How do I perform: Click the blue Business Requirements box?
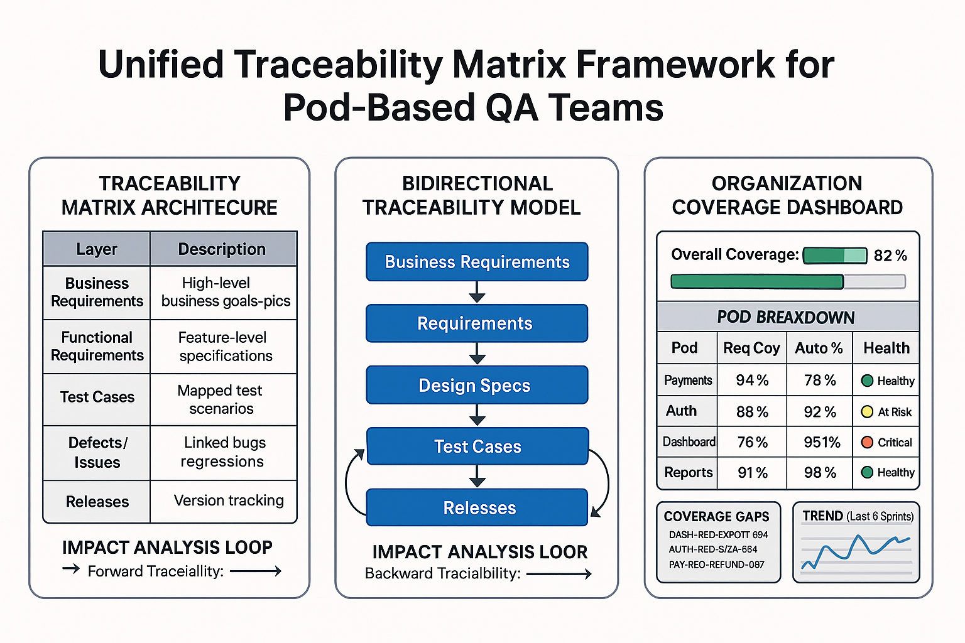click(x=477, y=262)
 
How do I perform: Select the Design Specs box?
click(x=477, y=385)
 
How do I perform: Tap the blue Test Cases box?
click(x=477, y=446)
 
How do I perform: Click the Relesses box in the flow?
click(x=477, y=507)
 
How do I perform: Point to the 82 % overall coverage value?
click(x=890, y=256)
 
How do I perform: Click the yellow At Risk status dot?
click(x=867, y=412)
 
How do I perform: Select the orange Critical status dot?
click(x=867, y=442)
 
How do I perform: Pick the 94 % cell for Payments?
click(x=752, y=381)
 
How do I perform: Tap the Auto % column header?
click(x=819, y=348)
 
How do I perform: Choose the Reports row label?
click(x=688, y=472)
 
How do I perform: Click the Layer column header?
click(x=96, y=249)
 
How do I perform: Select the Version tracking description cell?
click(x=228, y=500)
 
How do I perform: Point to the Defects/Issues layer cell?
click(x=97, y=452)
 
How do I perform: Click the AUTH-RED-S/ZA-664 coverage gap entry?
click(x=712, y=549)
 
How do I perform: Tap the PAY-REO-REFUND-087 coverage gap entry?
click(x=716, y=565)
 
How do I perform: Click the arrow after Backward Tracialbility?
click(x=559, y=574)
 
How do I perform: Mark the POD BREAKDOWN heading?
click(x=786, y=317)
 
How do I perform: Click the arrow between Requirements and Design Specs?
click(x=477, y=354)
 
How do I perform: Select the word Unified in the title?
click(x=161, y=65)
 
